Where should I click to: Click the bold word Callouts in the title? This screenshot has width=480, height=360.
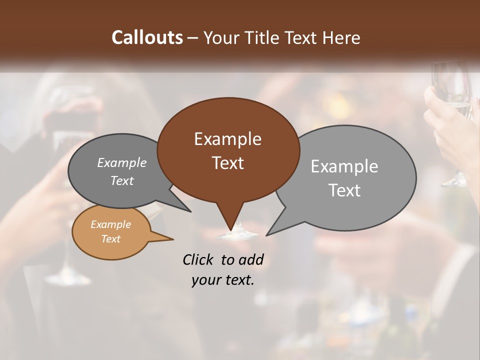[147, 37]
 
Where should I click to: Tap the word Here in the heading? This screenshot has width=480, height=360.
[341, 37]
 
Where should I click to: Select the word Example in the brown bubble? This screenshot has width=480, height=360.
[227, 139]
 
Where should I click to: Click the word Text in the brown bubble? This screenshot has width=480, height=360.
[227, 163]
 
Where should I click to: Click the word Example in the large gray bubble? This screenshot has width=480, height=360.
[344, 166]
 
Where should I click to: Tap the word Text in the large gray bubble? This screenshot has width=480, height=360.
[344, 190]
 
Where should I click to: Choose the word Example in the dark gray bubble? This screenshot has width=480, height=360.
[121, 163]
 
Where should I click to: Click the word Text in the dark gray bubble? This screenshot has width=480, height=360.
[121, 181]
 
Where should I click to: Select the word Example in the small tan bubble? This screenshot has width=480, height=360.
[110, 224]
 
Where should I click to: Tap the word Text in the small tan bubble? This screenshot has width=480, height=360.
[110, 239]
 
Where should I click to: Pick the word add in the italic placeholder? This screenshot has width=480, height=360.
[250, 259]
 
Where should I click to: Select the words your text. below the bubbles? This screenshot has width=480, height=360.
[222, 280]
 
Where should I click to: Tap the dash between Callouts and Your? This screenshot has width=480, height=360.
[193, 37]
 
